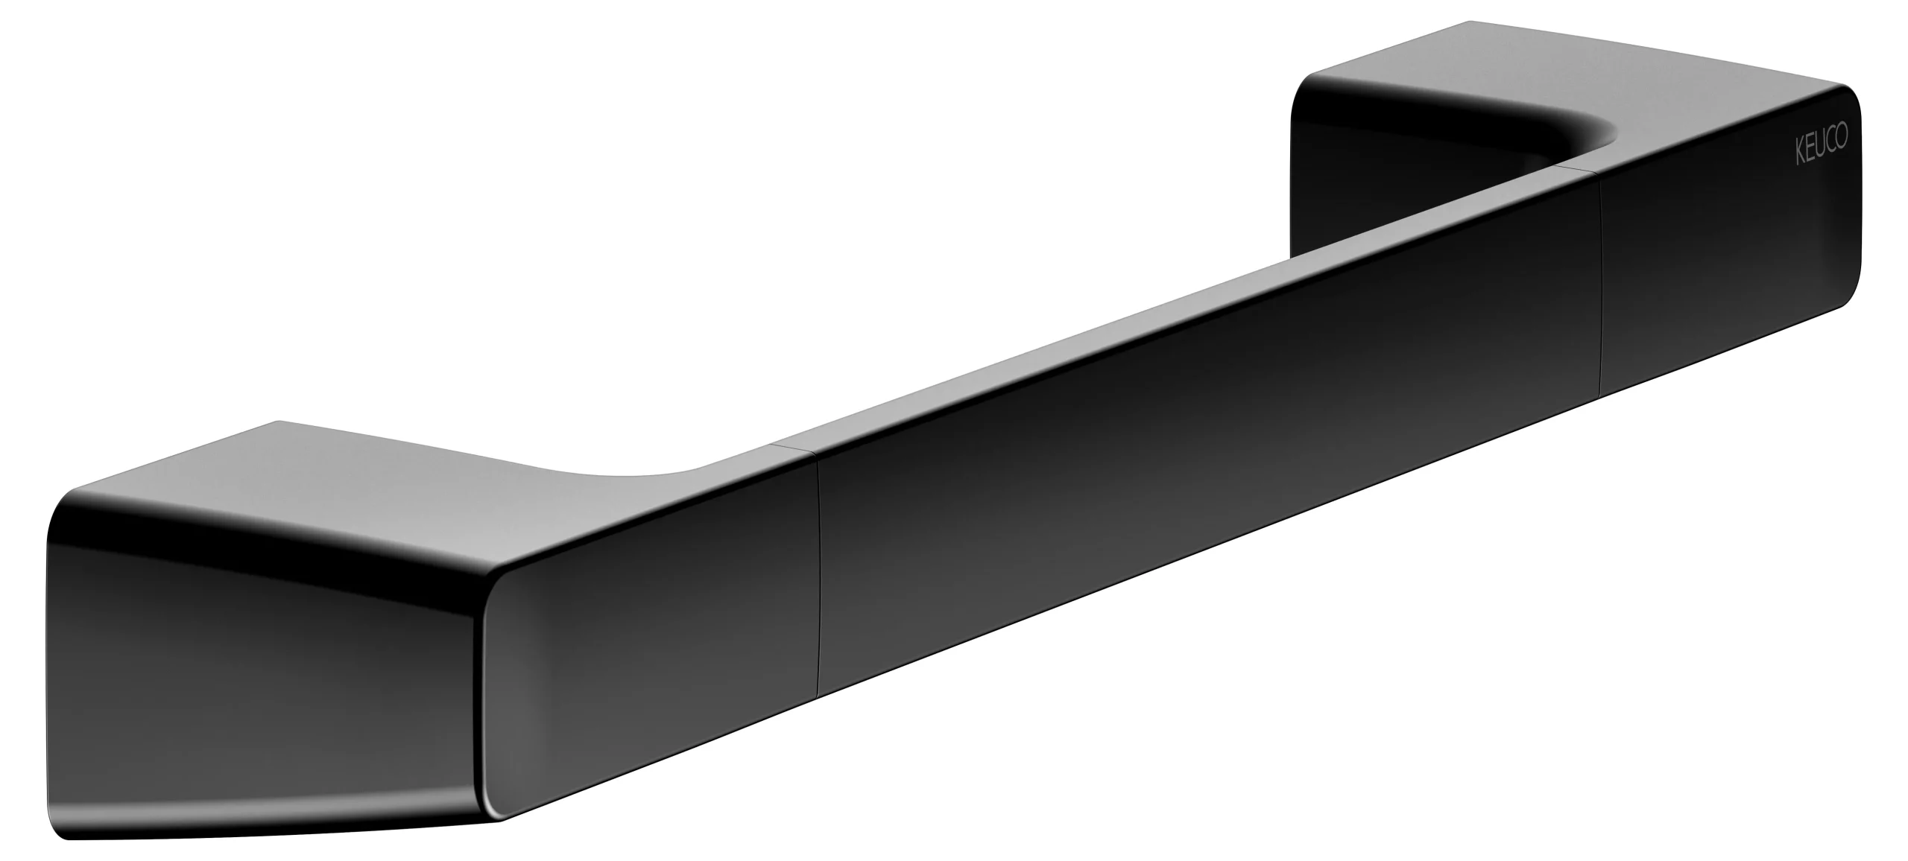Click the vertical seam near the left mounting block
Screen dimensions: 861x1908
818,581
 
